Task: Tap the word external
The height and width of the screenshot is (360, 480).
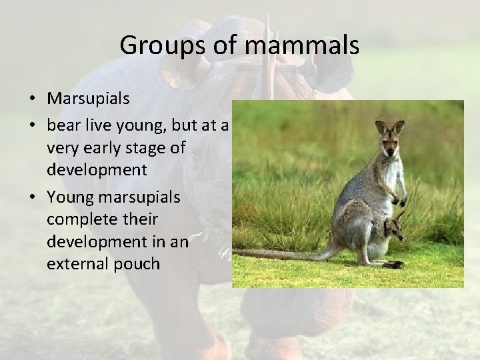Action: click(75, 263)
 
